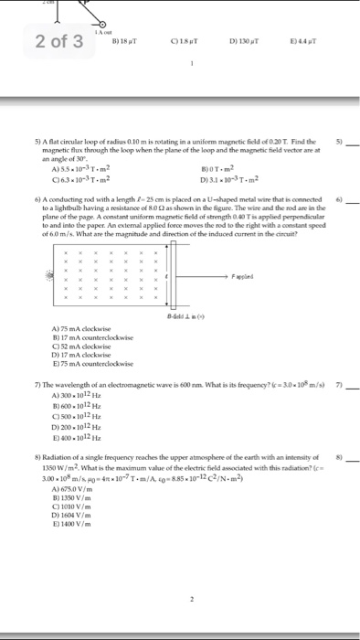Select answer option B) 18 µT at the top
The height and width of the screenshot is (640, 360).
pyautogui.click(x=124, y=42)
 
